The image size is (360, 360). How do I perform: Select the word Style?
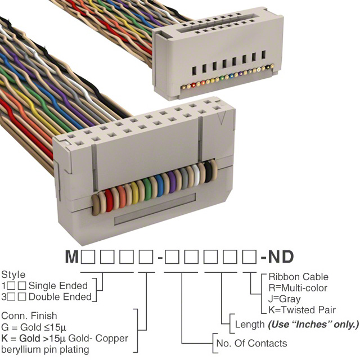tap(13, 275)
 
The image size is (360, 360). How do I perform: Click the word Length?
tap(250, 325)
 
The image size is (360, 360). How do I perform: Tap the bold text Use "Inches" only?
tap(313, 325)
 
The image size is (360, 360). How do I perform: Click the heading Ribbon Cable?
tap(298, 277)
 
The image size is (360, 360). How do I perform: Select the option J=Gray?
tap(285, 299)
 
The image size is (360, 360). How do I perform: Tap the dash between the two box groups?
tap(161, 258)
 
